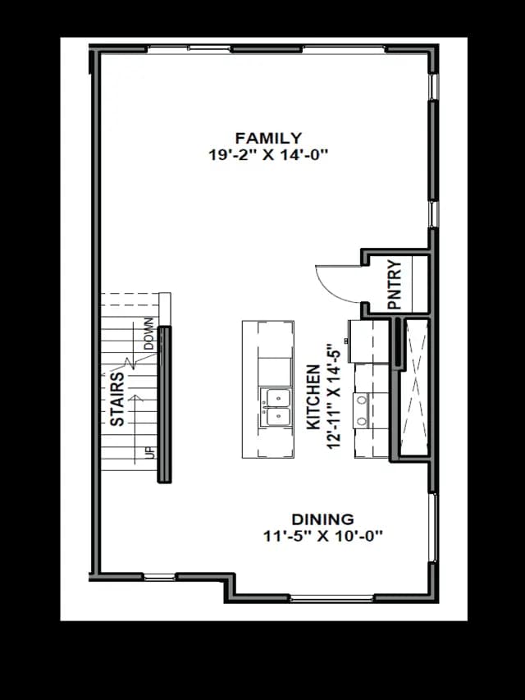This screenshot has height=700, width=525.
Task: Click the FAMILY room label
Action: tap(268, 138)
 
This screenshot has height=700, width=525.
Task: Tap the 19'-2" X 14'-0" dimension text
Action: tap(268, 155)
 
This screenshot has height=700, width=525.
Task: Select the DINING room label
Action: tap(322, 519)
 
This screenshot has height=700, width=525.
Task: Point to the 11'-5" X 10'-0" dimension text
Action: tap(323, 536)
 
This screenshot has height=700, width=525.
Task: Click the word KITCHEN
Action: tap(313, 397)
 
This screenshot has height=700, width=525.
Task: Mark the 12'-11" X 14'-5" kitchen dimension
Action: tap(334, 396)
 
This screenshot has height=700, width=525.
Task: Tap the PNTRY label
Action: tap(395, 285)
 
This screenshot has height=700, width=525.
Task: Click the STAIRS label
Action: tap(117, 399)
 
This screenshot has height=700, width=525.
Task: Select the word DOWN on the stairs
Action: tap(148, 333)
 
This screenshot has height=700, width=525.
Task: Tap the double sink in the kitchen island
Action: tap(276, 407)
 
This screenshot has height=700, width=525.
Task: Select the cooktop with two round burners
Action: tap(361, 410)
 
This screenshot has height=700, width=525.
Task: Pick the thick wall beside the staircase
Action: tap(164, 405)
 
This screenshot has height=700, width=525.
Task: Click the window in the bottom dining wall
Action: tap(331, 598)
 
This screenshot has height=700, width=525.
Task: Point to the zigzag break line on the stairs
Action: tap(130, 363)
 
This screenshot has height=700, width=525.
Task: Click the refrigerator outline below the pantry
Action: tap(369, 341)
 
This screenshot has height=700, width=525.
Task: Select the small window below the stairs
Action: tap(159, 577)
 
